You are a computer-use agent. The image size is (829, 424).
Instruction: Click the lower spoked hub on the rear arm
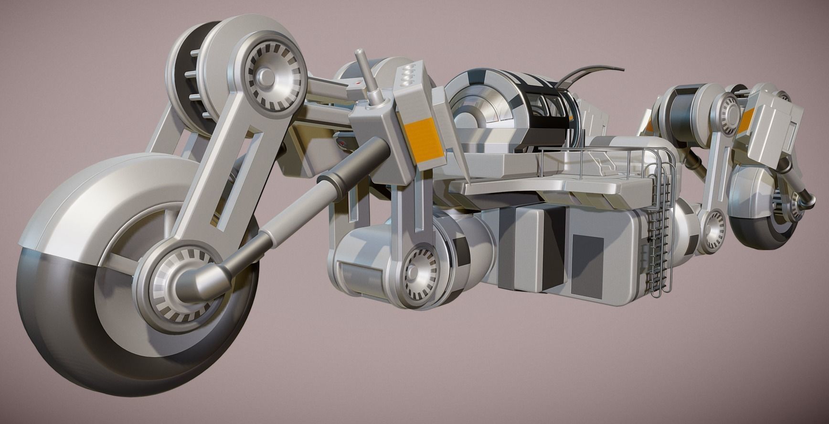713,224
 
